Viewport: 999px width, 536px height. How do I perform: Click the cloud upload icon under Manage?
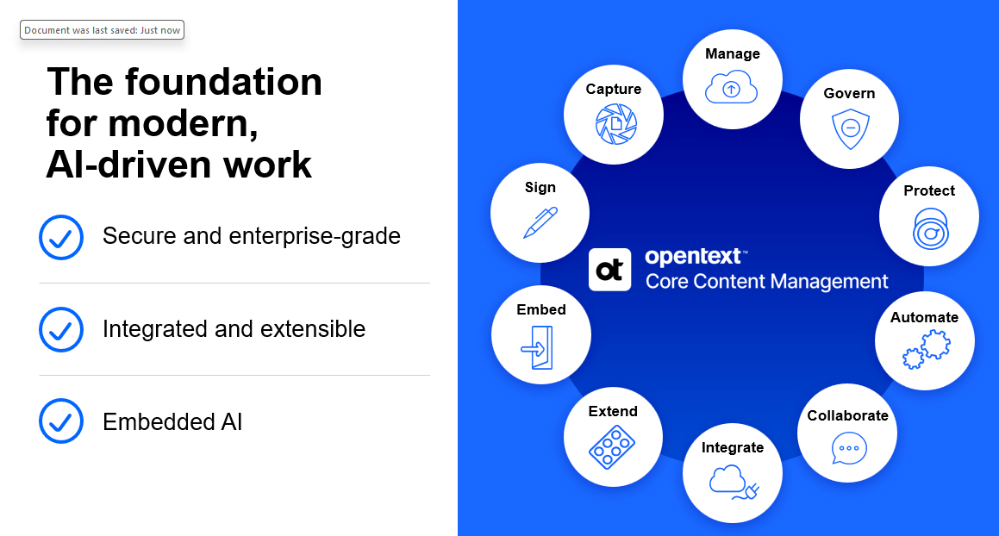coord(732,88)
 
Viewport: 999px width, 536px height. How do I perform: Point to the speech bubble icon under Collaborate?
coord(849,448)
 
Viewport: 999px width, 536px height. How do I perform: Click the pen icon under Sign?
coord(540,222)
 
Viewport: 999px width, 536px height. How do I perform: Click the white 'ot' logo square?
coord(609,269)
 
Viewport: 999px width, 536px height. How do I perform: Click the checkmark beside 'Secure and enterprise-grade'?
coord(61,237)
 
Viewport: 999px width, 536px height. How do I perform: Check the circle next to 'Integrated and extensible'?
coord(61,329)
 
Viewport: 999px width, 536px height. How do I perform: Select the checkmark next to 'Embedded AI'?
coord(61,421)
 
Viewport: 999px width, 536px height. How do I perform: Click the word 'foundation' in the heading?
coord(223,83)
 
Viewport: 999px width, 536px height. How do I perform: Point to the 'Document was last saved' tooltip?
coord(103,30)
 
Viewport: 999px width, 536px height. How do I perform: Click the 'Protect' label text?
coord(929,190)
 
